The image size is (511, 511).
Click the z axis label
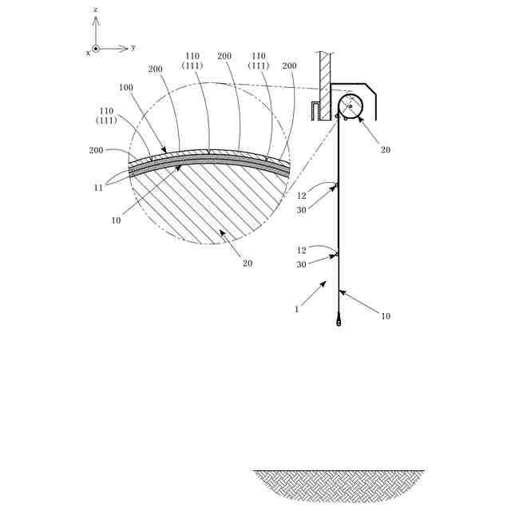tap(95, 10)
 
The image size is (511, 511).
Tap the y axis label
tap(133, 47)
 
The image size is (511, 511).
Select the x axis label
tap(88, 53)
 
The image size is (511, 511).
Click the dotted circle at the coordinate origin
tap(96, 49)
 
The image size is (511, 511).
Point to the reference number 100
tap(126, 87)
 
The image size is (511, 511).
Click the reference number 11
tap(98, 188)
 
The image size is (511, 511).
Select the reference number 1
tap(296, 309)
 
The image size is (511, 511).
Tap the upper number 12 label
tap(302, 196)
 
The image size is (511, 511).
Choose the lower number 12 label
tap(302, 250)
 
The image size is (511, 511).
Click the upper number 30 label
tap(302, 210)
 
